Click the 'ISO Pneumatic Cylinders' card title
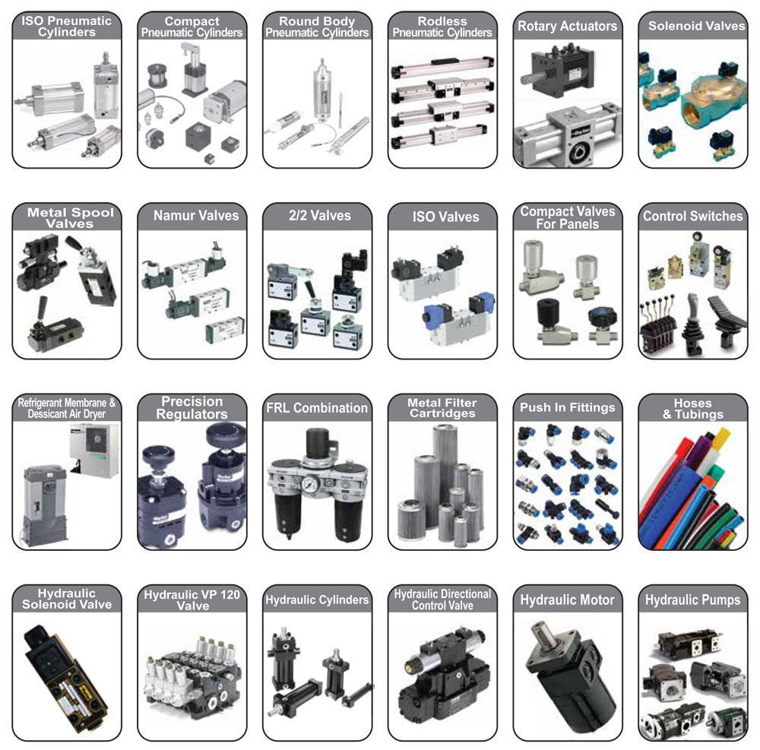(66, 27)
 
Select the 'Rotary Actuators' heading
(567, 26)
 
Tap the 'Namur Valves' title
(196, 216)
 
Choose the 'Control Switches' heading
(692, 216)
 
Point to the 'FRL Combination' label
(317, 408)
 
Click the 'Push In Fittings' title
(567, 407)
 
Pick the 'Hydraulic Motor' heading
(567, 600)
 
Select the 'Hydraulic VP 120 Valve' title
(192, 600)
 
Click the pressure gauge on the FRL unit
(309, 484)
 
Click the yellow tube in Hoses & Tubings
(720, 440)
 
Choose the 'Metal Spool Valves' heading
(70, 217)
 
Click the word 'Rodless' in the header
(442, 21)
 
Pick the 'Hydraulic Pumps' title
(692, 600)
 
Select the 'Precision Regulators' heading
(192, 408)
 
